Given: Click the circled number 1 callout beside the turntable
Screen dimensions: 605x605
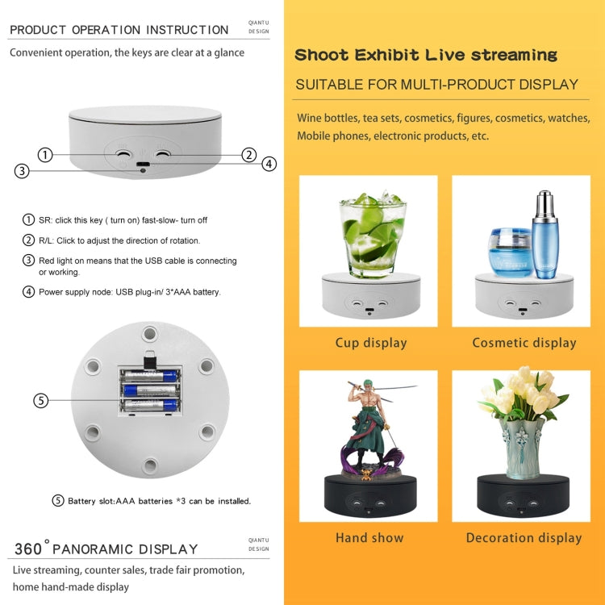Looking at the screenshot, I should tap(45, 154).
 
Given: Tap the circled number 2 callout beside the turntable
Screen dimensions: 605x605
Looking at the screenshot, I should tap(249, 155).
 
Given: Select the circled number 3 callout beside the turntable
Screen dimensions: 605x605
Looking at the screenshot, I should tap(22, 170).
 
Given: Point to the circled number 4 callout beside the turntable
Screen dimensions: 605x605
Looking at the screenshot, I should tap(269, 164).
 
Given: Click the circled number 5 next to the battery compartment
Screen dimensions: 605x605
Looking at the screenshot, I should tap(40, 400).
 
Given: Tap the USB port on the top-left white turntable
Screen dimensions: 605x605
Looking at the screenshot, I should tap(143, 165).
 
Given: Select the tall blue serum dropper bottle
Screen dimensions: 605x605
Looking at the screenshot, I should tap(545, 235).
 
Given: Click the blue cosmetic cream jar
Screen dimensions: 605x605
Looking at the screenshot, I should tap(510, 252).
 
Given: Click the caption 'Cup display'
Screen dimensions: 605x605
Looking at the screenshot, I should tap(371, 343).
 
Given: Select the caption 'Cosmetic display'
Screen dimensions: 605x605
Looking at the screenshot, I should tap(524, 343).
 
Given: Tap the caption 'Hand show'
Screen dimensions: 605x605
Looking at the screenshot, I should tap(369, 537).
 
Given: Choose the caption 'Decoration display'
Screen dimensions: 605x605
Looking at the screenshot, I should tap(524, 537).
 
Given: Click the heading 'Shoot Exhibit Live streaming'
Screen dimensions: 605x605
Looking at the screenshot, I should tap(425, 56).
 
